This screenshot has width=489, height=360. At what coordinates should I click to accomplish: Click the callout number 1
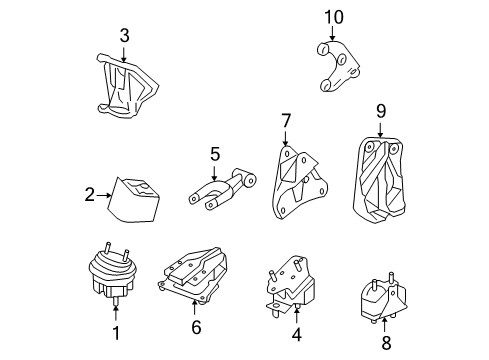(x=115, y=334)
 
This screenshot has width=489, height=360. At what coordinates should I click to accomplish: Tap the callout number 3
(x=123, y=37)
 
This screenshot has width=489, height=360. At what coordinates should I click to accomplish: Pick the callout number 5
(x=213, y=154)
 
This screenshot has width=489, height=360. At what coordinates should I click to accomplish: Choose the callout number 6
(x=195, y=325)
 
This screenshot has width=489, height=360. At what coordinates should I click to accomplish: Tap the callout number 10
(x=333, y=17)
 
